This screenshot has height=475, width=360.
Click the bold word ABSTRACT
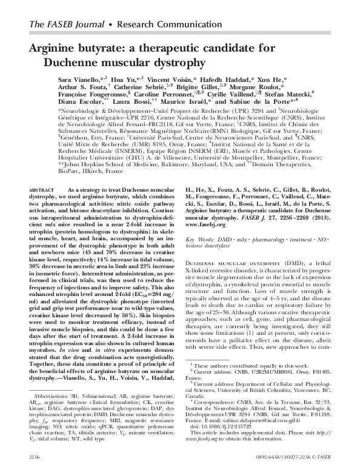[42, 190]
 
